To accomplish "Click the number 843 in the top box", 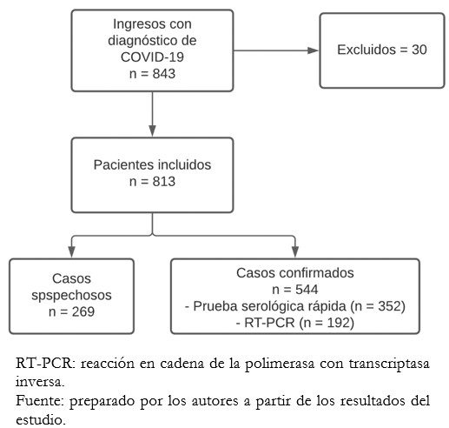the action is click(164, 74).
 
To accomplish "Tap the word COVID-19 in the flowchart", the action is click(152, 57).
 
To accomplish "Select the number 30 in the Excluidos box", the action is click(419, 50).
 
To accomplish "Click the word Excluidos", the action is click(366, 50).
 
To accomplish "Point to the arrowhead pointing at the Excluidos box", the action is click(313, 50).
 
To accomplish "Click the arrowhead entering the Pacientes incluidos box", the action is click(152, 130).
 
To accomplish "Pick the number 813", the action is click(164, 182).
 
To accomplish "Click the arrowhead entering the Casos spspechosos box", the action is click(71, 251).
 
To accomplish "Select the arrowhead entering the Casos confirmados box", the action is click(295, 251).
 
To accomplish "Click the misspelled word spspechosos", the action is click(71, 296).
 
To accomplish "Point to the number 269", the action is click(83, 312).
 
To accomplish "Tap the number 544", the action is click(307, 290).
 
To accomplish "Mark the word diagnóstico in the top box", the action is click(143, 41).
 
